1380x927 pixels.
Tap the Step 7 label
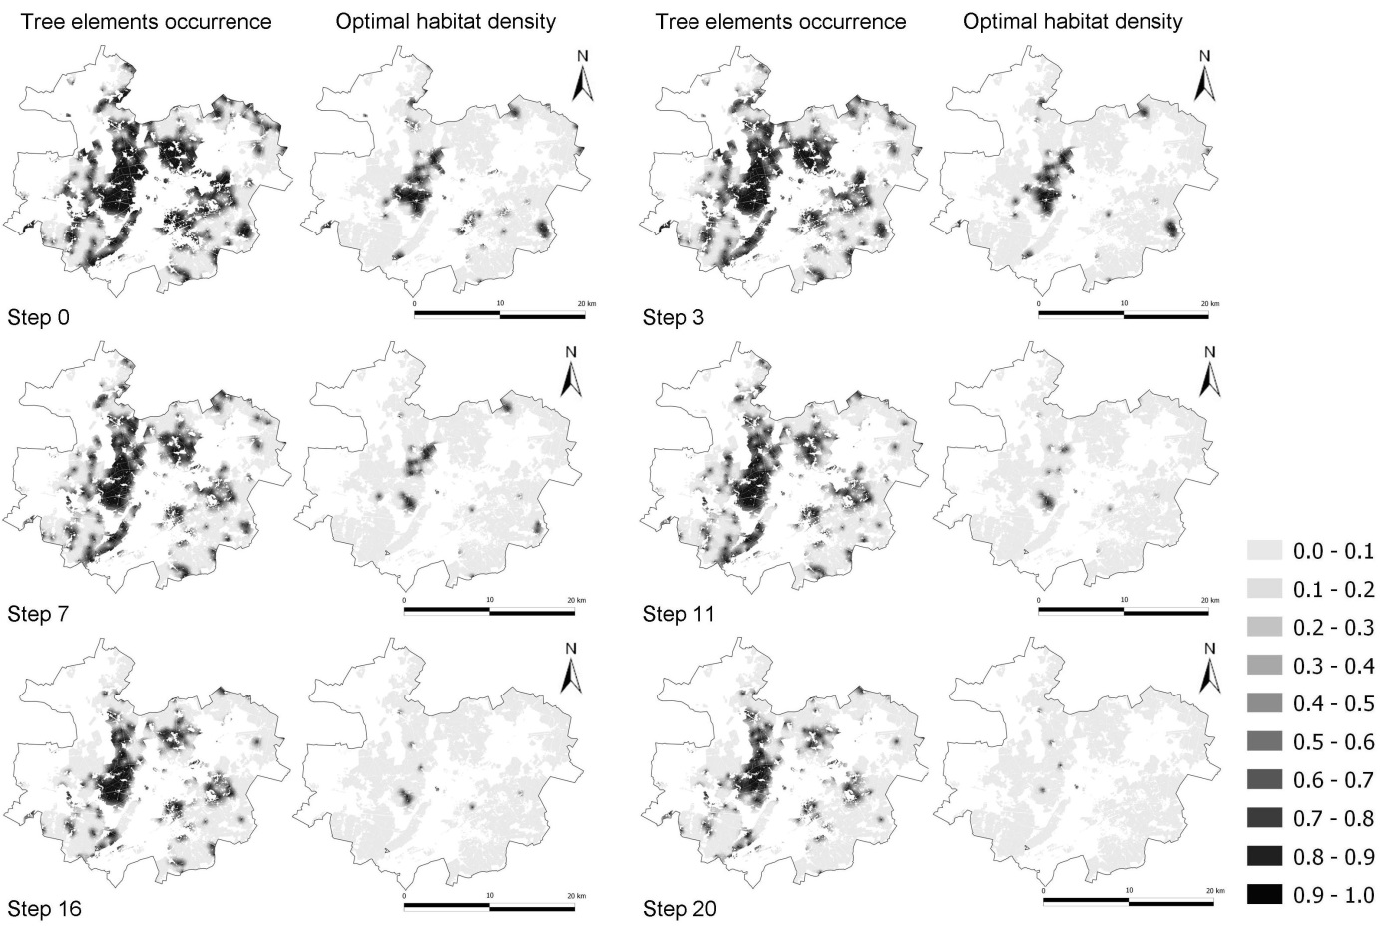38,614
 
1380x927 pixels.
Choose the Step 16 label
44,909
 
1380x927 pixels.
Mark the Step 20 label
680,909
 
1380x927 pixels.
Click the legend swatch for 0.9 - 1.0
1264,895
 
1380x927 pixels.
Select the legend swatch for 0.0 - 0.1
1264,551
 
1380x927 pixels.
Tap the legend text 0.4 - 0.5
1333,704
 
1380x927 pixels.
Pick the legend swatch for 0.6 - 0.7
1264,780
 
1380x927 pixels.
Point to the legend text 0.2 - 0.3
1333,628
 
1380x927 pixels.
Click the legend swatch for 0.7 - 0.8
1264,818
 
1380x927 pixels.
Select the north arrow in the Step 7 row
571,374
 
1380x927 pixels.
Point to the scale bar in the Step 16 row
489,907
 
